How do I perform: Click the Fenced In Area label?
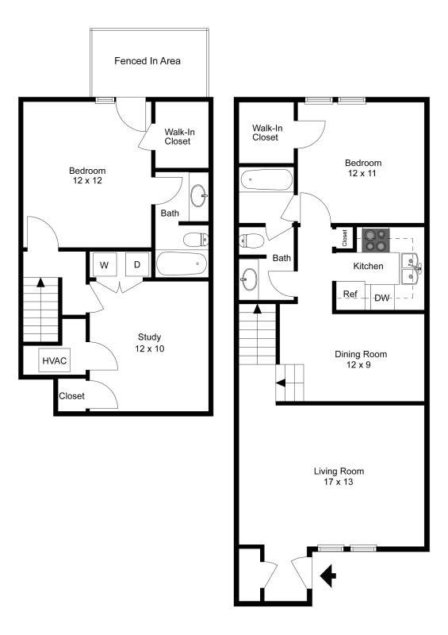click(149, 60)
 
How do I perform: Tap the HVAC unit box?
click(54, 361)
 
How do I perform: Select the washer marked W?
click(104, 264)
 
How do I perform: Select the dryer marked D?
click(136, 264)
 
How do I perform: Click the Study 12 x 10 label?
click(149, 342)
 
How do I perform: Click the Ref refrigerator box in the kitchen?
click(350, 294)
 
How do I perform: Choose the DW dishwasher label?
click(381, 298)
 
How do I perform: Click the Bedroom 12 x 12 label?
click(87, 175)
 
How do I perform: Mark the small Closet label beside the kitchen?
click(345, 237)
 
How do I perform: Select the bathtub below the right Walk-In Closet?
click(266, 181)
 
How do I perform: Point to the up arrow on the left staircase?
click(40, 283)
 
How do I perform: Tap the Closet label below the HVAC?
click(71, 396)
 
